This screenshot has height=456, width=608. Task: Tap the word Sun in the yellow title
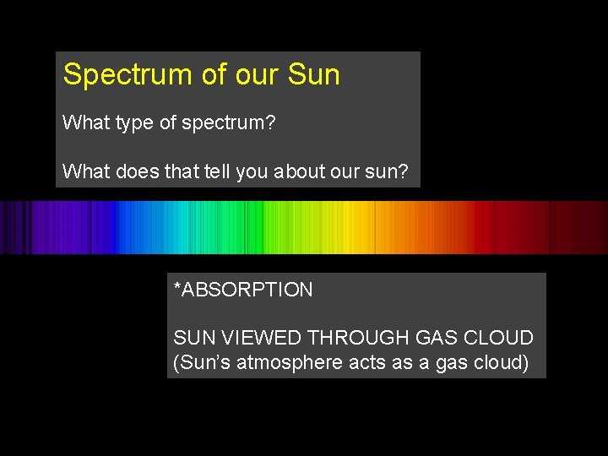pos(313,74)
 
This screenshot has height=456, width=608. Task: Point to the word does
pos(128,172)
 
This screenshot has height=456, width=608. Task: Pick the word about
pos(301,172)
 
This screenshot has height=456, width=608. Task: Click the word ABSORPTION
pos(247,290)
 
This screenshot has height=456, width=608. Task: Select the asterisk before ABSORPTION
pos(177,288)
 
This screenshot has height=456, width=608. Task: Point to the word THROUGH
pos(360,338)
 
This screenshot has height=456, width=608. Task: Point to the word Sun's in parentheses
pos(201,364)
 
